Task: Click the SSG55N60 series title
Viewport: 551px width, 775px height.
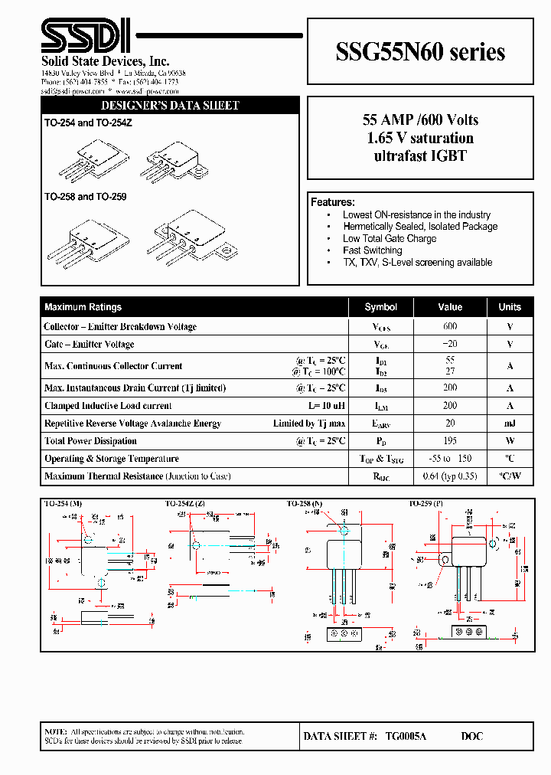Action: (420, 51)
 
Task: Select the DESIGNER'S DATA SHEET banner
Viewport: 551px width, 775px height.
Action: (170, 106)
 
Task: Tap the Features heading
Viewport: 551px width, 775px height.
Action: (332, 202)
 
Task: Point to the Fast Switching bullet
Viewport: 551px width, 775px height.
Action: (372, 250)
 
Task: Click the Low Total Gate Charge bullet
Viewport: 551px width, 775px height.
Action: (389, 238)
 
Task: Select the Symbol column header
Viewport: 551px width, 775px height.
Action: (380, 307)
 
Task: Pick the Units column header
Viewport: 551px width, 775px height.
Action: (510, 307)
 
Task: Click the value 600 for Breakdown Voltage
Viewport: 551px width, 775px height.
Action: (450, 326)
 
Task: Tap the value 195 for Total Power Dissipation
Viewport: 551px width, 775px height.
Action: (450, 441)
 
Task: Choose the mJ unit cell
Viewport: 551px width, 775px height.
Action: (510, 423)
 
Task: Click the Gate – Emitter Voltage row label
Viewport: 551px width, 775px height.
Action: (90, 345)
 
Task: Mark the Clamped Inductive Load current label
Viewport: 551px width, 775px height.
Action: (108, 406)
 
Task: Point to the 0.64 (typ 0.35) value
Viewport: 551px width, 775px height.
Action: (450, 476)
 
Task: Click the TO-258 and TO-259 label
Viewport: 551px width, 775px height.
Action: (85, 197)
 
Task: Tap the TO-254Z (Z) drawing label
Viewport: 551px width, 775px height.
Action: (184, 504)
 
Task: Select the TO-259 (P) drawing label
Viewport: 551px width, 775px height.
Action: (427, 504)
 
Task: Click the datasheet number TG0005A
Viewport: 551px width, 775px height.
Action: (406, 736)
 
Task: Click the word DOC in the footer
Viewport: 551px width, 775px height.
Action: (471, 736)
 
